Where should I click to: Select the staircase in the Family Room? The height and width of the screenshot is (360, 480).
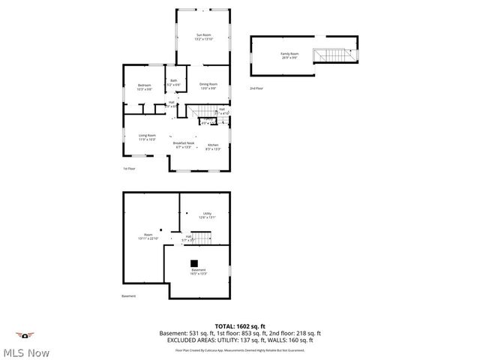334,55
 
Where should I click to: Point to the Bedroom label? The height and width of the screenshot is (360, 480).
144,86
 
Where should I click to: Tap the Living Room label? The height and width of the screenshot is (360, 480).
146,136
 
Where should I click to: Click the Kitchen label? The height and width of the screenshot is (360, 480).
213,146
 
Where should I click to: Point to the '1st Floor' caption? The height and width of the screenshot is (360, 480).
129,169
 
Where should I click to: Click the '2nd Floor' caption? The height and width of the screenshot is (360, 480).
256,88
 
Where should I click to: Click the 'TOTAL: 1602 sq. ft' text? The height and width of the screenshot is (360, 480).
240,326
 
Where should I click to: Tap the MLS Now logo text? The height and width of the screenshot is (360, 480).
25,351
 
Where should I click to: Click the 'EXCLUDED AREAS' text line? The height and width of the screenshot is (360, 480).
240,340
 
